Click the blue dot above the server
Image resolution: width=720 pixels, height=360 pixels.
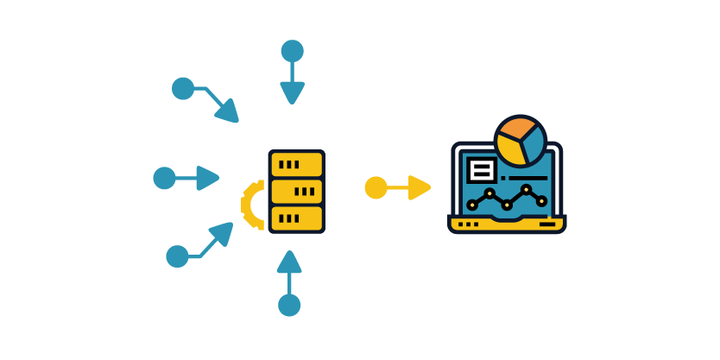[293, 51]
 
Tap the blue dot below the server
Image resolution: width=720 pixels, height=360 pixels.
[289, 305]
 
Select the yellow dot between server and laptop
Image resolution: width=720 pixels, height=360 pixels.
[376, 187]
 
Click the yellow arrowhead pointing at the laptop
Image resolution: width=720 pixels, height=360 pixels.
[420, 187]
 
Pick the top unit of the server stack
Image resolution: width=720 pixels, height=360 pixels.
[296, 164]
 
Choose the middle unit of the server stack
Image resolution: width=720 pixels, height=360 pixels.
[296, 191]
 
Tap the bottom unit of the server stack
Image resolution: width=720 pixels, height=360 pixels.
[296, 218]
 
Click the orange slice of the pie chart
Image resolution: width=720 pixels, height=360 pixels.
[513, 130]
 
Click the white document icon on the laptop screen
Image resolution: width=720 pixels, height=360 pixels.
[481, 168]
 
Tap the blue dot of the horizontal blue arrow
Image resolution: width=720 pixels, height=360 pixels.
[164, 178]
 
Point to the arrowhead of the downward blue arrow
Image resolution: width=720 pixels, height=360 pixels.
[293, 92]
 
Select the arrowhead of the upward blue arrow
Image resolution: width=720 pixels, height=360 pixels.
[289, 262]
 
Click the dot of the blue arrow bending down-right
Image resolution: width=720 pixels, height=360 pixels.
[183, 88]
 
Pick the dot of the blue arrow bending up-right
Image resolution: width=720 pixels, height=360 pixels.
[177, 256]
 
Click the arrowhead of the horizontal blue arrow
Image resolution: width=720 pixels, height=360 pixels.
[208, 178]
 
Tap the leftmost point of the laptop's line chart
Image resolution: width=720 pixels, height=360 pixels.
[471, 205]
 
